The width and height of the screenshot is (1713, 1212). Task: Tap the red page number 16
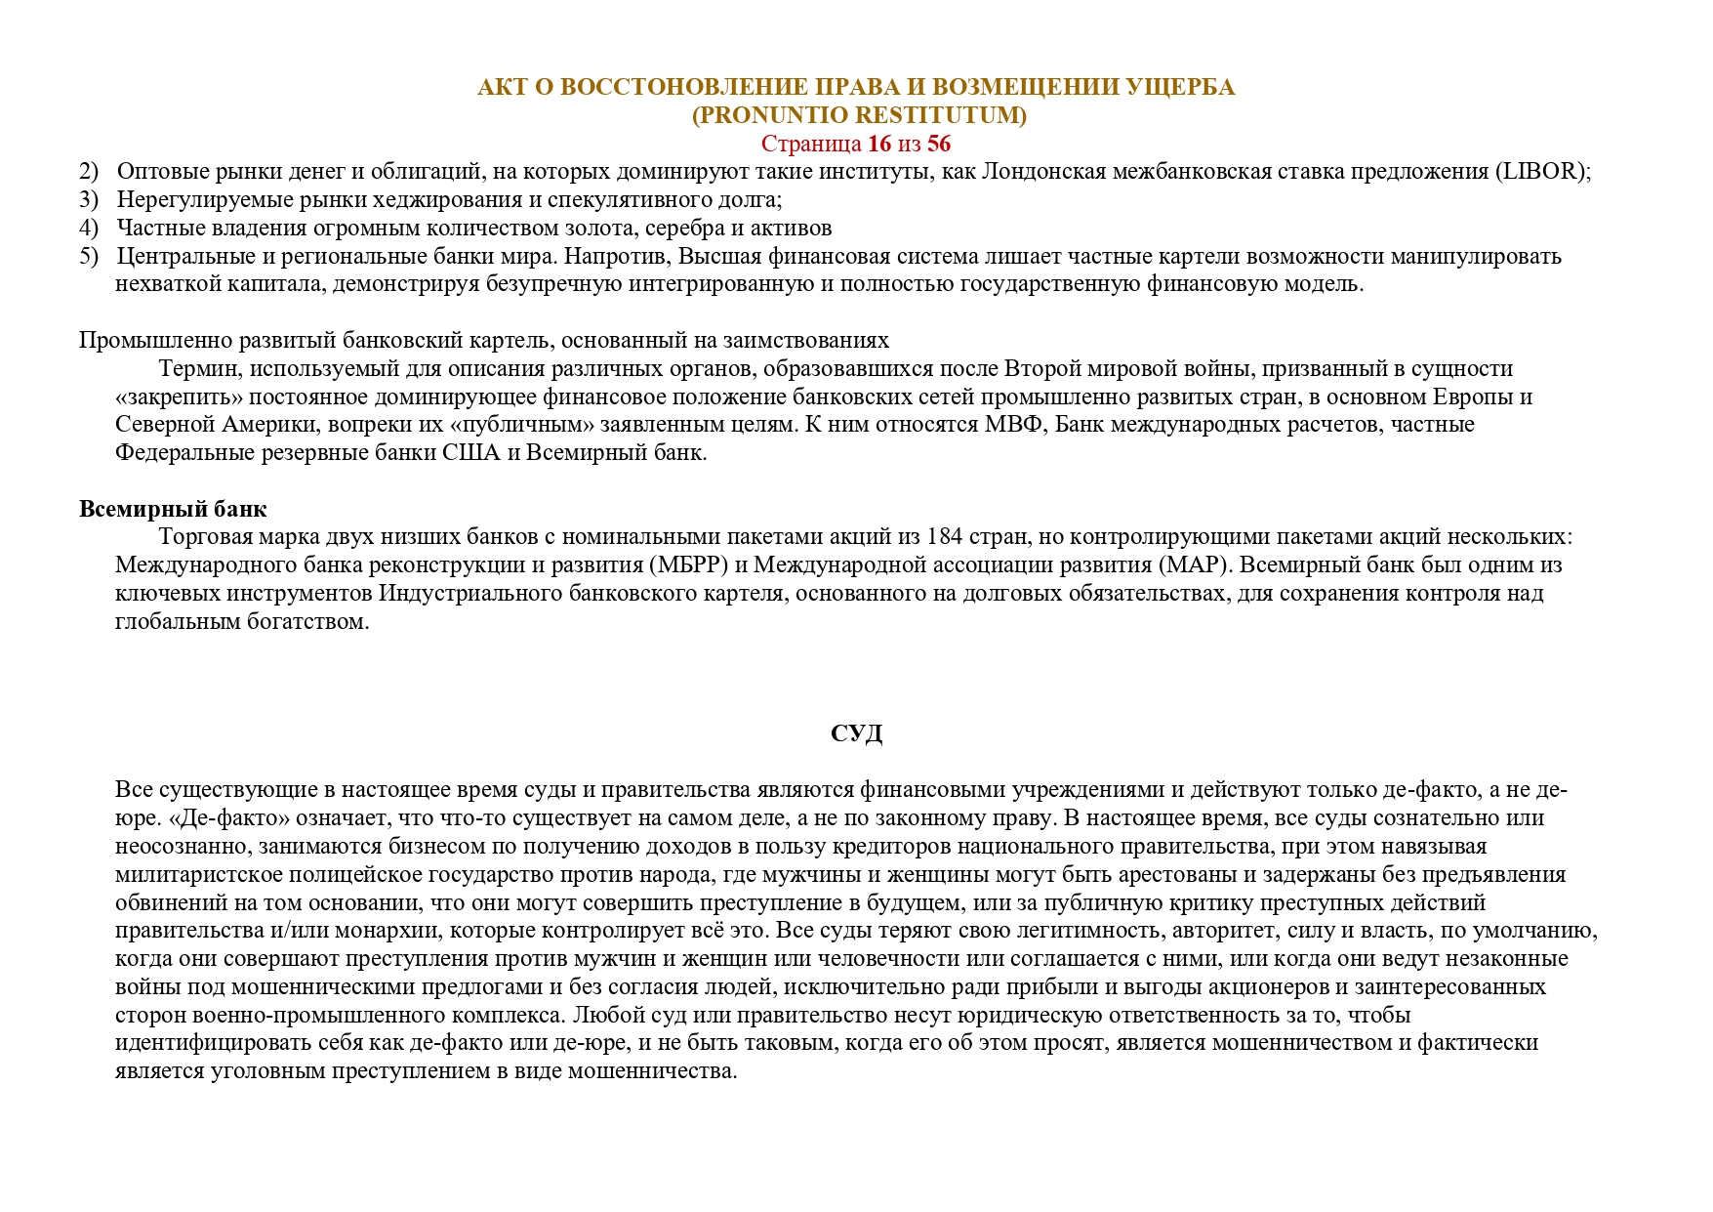(879, 144)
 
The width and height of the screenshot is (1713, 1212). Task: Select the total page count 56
(939, 144)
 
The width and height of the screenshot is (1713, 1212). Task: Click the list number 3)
(89, 200)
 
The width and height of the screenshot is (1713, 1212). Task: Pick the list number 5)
(89, 256)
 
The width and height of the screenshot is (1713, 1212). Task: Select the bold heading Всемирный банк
(173, 509)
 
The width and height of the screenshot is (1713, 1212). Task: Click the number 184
(945, 537)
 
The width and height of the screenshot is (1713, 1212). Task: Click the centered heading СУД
(856, 733)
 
